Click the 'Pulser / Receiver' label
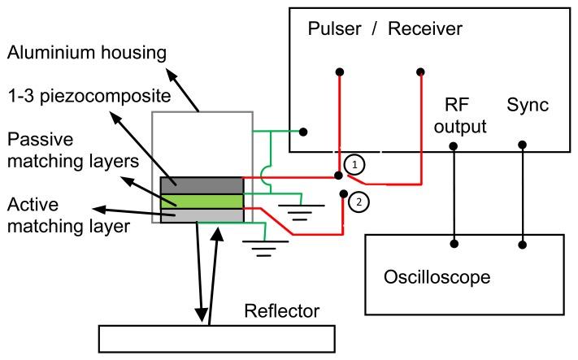(x=385, y=30)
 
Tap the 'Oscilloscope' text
(x=437, y=277)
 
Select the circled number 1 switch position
(x=353, y=163)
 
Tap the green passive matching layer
(x=202, y=200)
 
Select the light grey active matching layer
(x=202, y=215)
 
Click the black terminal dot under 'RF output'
(x=454, y=146)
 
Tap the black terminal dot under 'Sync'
(x=522, y=145)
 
